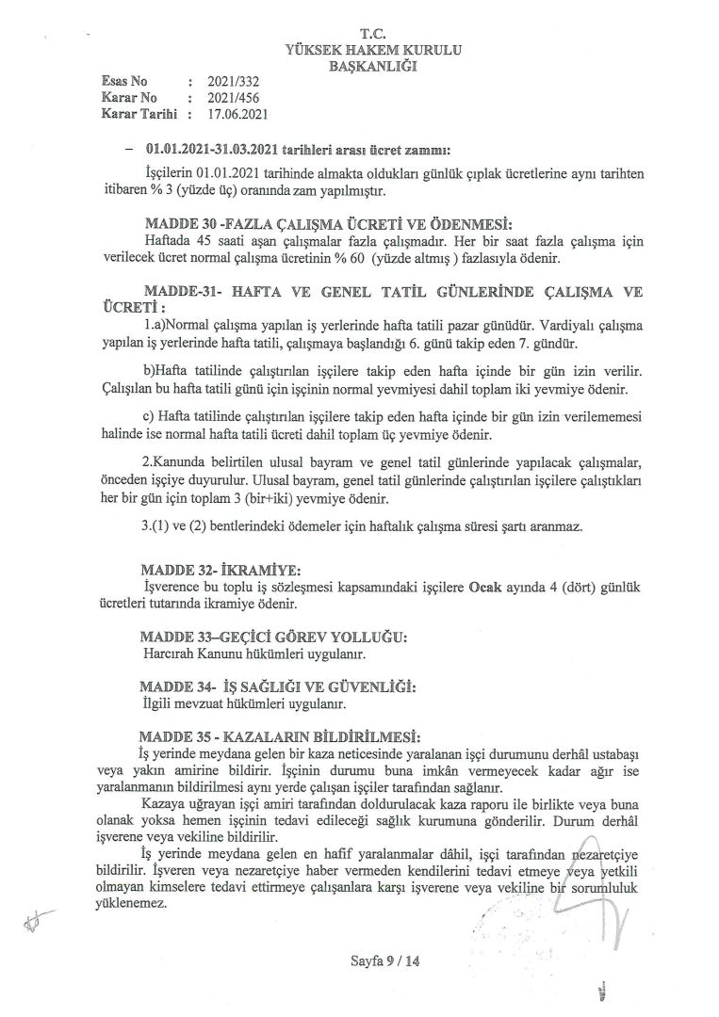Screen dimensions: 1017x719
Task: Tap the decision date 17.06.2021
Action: coord(239,114)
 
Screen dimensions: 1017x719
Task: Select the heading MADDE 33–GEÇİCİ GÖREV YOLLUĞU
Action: coord(274,638)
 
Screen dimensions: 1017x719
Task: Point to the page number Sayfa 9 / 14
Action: coord(384,961)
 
